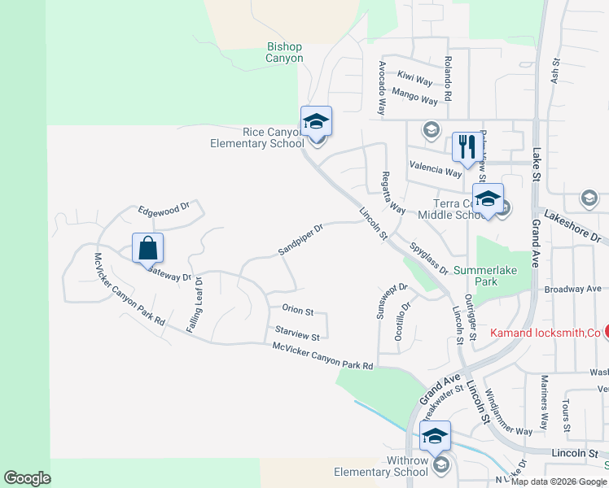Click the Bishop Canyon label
pos(285,53)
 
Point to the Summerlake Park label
pos(487,275)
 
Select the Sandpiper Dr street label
pos(300,239)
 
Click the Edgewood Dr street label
pos(163,209)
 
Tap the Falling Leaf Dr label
pos(198,301)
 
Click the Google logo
pos(27,478)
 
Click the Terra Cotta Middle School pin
pos(488,200)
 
